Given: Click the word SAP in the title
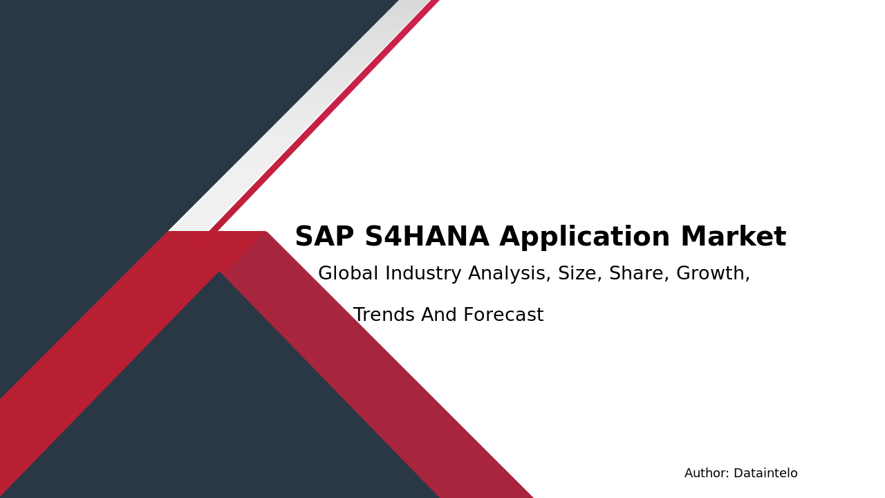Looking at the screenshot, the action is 324,237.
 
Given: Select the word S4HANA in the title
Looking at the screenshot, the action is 427,237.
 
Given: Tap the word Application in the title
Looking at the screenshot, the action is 585,237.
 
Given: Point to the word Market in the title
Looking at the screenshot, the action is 734,237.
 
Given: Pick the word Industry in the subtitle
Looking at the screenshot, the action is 423,274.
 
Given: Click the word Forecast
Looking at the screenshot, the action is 504,315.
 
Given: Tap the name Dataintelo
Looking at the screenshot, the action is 765,473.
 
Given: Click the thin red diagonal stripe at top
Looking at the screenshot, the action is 325,116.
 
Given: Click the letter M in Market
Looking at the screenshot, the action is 693,237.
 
